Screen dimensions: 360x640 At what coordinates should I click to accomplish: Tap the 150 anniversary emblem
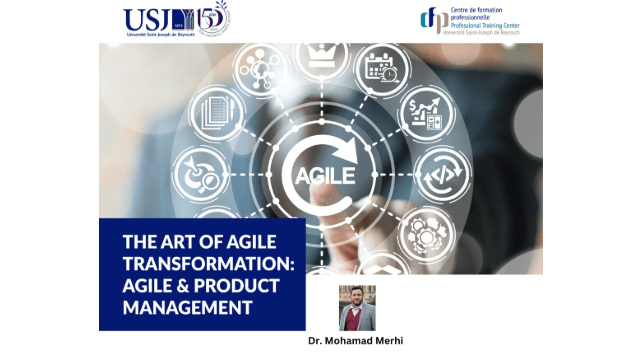coord(212,20)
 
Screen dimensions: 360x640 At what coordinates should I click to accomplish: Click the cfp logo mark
coord(432,20)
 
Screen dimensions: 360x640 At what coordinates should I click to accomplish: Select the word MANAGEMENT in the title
coord(187,306)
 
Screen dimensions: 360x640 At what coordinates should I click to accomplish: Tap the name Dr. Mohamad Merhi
coord(357,340)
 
